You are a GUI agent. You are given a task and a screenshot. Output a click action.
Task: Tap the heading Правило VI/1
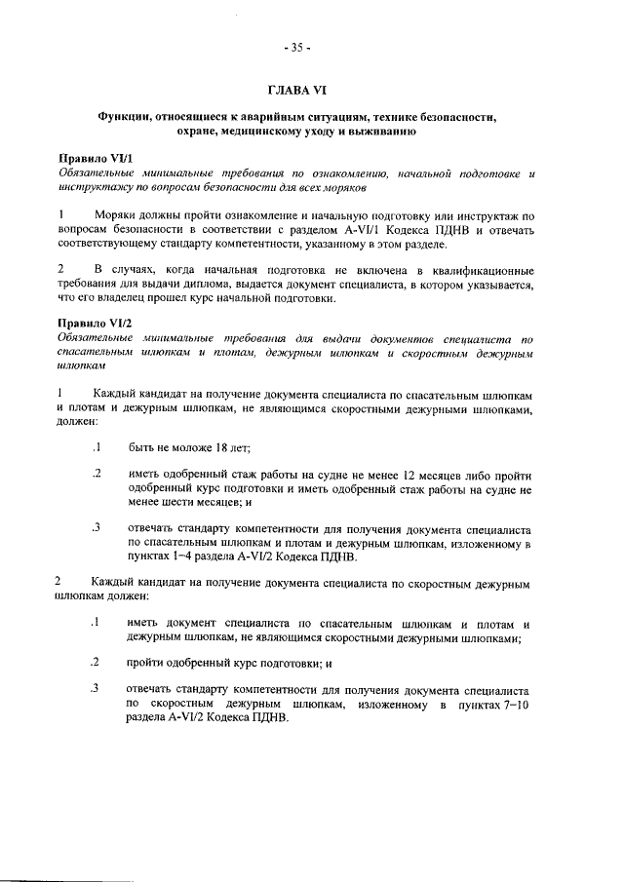point(94,158)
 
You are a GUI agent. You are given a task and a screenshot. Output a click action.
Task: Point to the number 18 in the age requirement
point(225,448)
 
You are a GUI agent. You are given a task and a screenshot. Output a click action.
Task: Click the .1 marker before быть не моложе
point(97,448)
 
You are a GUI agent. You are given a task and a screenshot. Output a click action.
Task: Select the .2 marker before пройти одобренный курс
point(97,663)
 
